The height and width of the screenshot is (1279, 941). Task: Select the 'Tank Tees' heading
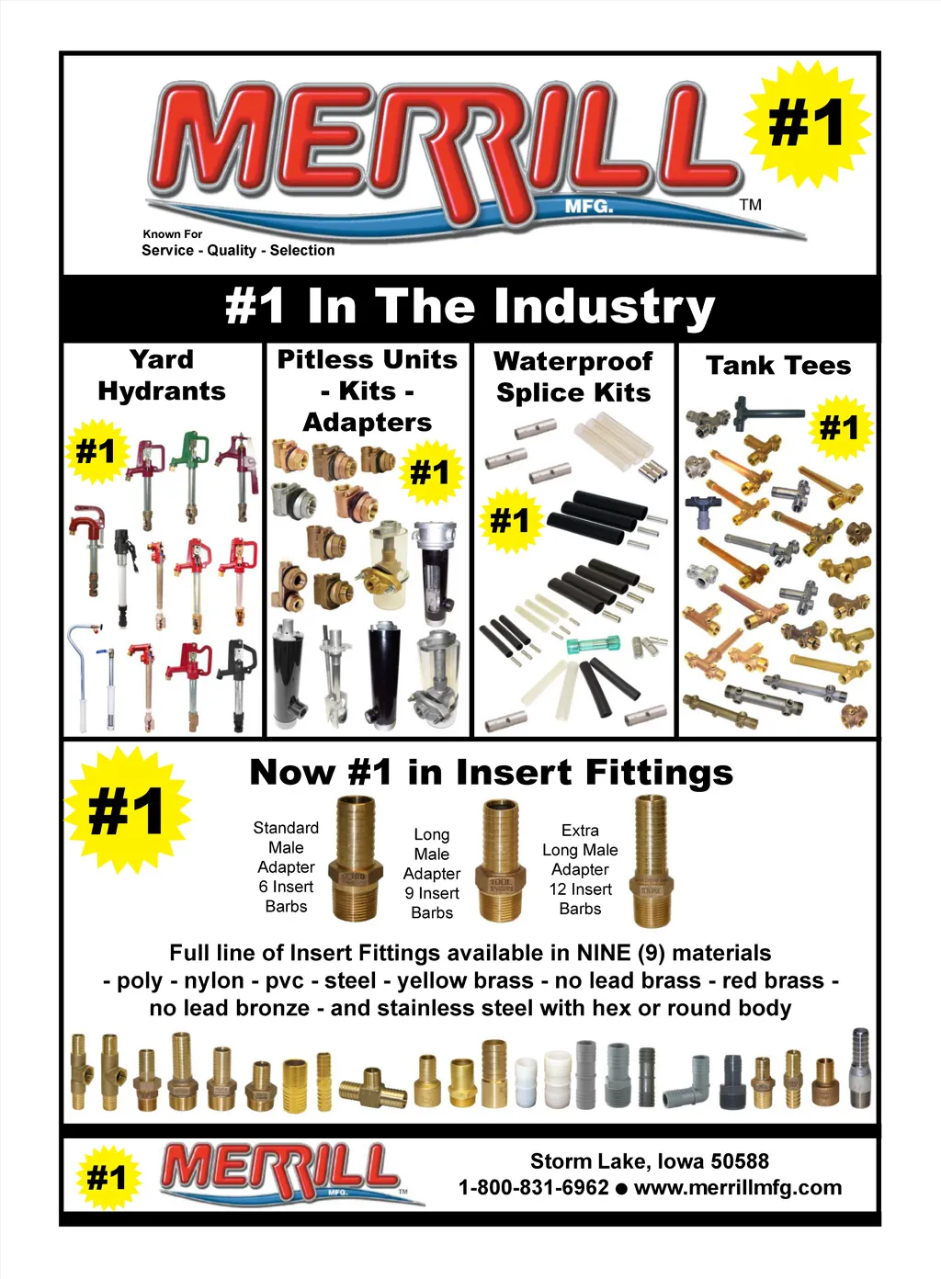pos(778,366)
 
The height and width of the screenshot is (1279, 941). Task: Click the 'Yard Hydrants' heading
pos(162,375)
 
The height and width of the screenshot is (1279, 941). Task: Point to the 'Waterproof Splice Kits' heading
pos(573,377)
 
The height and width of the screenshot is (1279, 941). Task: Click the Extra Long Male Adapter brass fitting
pos(651,860)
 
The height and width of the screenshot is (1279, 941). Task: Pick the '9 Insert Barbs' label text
pos(432,902)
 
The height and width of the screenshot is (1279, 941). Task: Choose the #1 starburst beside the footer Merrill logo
pos(108,1177)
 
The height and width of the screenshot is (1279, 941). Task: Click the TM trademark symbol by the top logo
pos(750,204)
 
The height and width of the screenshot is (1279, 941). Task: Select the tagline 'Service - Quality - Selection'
pos(238,250)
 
